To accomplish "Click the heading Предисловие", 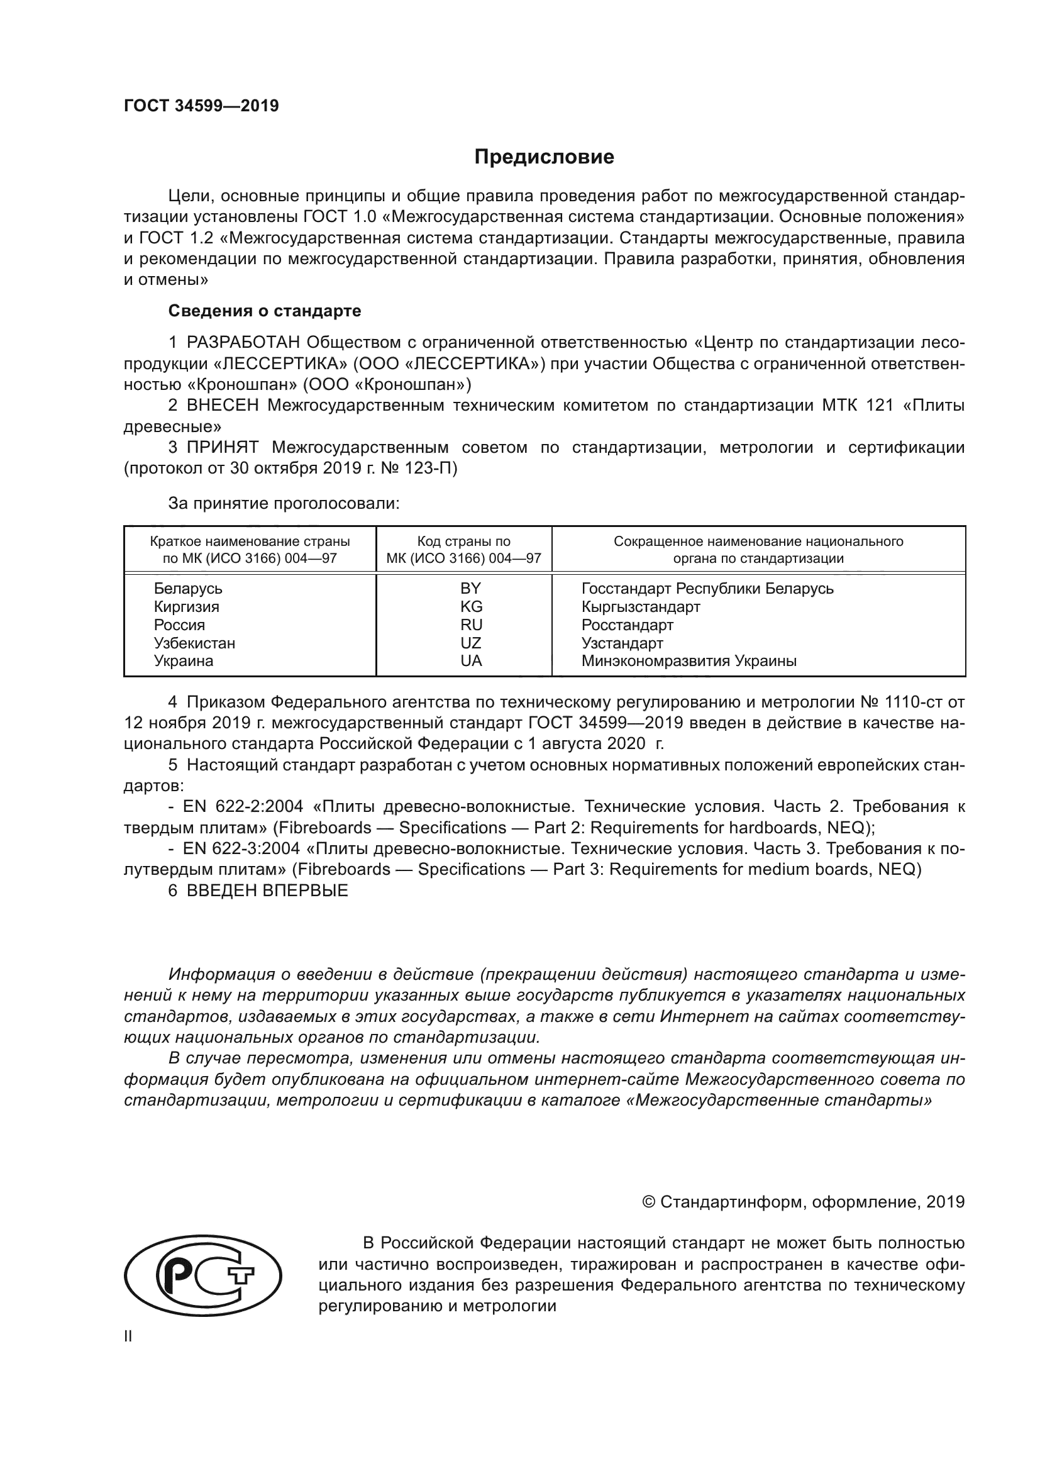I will [544, 157].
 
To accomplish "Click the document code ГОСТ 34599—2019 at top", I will [201, 106].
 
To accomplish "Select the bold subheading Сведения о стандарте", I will [265, 311].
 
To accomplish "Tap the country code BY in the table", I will [471, 588].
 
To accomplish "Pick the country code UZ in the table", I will [471, 643].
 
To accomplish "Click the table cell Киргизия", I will [186, 607].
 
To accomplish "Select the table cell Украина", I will [183, 660].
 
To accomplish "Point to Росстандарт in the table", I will [627, 624].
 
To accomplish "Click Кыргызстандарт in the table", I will [640, 607].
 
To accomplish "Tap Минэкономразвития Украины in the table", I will [689, 660].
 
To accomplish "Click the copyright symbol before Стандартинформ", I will [648, 1202].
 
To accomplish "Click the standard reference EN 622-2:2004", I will [241, 807].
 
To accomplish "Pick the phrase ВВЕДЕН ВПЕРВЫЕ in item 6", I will [267, 891].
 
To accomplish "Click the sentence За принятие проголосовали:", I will [284, 504].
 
